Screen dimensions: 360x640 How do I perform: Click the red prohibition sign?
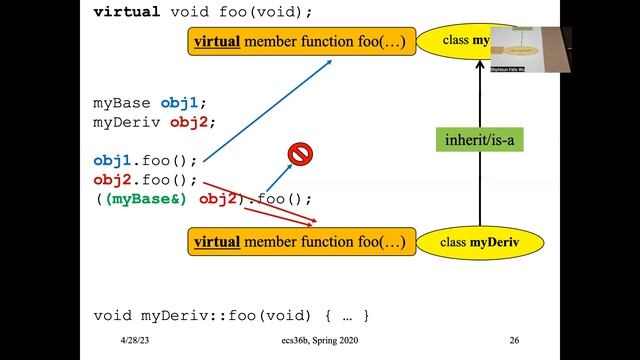click(300, 154)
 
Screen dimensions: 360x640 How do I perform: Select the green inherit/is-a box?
click(481, 139)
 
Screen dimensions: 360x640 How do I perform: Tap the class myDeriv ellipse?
click(480, 242)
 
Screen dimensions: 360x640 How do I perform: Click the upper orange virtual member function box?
click(299, 42)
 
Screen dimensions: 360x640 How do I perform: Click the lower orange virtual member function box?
click(299, 242)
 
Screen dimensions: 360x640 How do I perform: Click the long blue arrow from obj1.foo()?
click(270, 110)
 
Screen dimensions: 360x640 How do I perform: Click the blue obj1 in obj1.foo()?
click(112, 160)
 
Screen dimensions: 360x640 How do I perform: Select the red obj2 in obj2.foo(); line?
click(112, 180)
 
